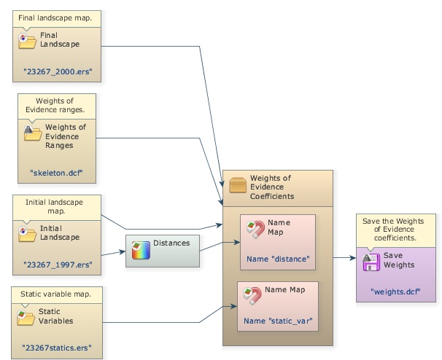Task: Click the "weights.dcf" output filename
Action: (x=395, y=291)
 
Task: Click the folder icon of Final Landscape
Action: (x=27, y=41)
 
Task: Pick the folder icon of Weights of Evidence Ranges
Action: (x=33, y=133)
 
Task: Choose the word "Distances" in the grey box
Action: (x=171, y=243)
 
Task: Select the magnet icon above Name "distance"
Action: (x=255, y=230)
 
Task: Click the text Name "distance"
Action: (x=278, y=258)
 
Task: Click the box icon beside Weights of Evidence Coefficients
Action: (x=238, y=184)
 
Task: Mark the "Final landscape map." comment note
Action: (x=55, y=15)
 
